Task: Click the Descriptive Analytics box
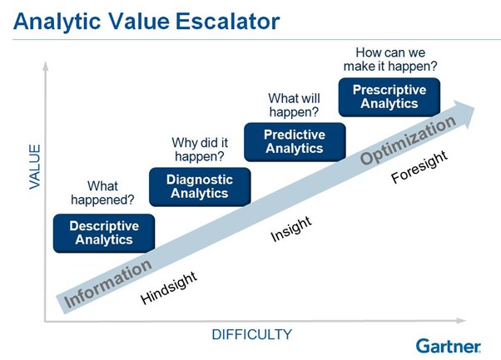click(102, 233)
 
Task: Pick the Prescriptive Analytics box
click(389, 96)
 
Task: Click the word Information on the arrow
click(109, 283)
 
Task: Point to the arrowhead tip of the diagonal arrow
click(480, 106)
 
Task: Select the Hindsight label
click(169, 288)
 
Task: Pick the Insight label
click(290, 229)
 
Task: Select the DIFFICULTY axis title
click(251, 335)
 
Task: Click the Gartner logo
click(448, 345)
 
